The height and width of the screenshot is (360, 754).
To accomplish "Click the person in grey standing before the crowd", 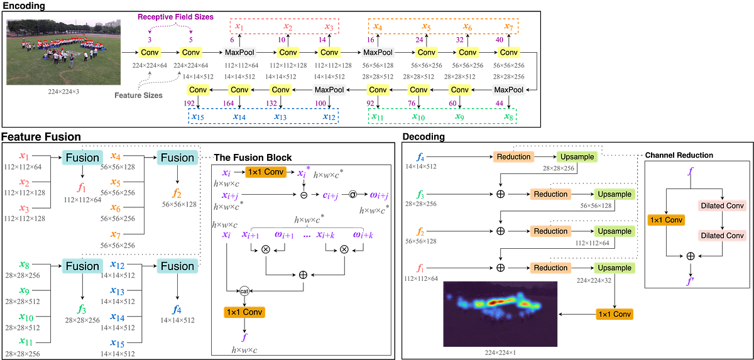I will click(x=71, y=60).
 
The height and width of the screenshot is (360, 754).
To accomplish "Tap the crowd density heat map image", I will click(x=500, y=312).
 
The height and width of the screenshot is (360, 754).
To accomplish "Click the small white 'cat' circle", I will click(x=244, y=291).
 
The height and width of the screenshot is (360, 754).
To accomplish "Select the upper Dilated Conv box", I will click(x=721, y=206).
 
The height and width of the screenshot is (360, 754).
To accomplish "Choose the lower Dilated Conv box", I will click(x=721, y=236).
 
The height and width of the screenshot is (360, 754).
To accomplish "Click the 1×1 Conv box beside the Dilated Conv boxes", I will click(x=665, y=220).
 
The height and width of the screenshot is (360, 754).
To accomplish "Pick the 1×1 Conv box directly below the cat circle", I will click(x=244, y=312).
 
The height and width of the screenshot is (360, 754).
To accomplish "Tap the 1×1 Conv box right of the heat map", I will click(x=613, y=314).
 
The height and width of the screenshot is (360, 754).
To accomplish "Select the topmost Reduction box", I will click(x=513, y=156).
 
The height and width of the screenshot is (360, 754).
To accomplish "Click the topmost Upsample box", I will click(x=577, y=156).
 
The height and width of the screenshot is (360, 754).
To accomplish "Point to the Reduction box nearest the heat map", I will click(x=550, y=268).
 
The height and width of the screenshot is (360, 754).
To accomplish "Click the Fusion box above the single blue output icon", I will click(x=177, y=266).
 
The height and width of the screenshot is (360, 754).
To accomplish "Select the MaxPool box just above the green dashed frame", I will click(x=508, y=90).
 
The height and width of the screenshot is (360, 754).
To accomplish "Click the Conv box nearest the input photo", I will click(x=150, y=52).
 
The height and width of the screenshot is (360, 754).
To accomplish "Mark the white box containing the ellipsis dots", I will click(x=306, y=235).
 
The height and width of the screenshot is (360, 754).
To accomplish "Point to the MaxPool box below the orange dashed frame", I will click(x=378, y=52).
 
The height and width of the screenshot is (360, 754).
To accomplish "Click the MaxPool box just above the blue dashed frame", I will click(x=329, y=90).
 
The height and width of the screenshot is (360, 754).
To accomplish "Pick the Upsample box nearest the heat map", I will click(x=614, y=268).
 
